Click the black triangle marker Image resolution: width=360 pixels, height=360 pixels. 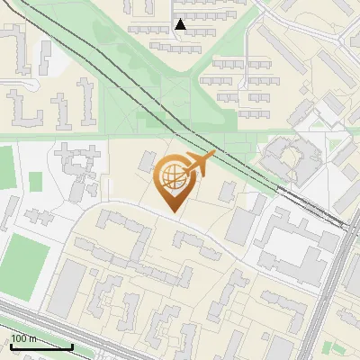click(x=181, y=25)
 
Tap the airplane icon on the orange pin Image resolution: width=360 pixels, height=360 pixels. click(x=200, y=164)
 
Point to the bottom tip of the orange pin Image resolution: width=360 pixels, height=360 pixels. click(x=171, y=212)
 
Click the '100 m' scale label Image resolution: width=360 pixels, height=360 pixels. click(x=23, y=338)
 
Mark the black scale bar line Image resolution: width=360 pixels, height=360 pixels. click(x=40, y=346)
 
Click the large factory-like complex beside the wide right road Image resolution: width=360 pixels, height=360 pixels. click(x=292, y=243)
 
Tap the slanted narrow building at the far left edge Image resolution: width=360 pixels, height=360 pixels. click(x=7, y=211)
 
